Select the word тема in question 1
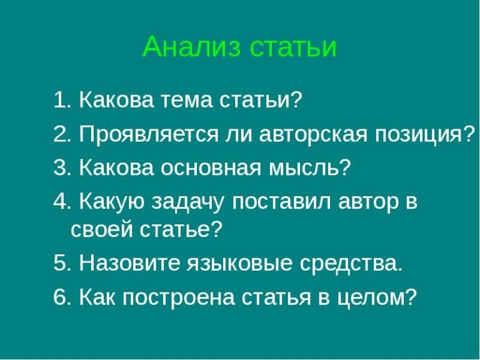[x=188, y=100]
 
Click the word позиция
[x=423, y=135]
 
